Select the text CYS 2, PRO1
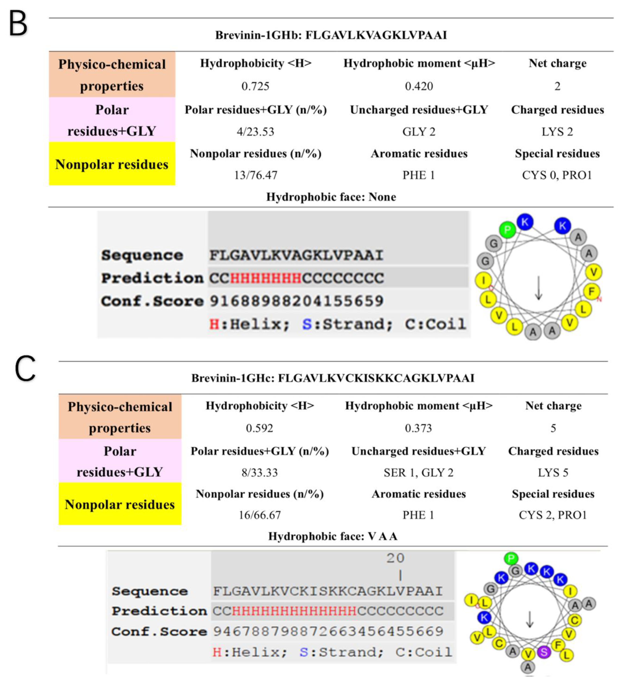click(x=553, y=515)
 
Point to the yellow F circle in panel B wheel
click(x=591, y=291)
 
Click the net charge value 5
click(x=553, y=428)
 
